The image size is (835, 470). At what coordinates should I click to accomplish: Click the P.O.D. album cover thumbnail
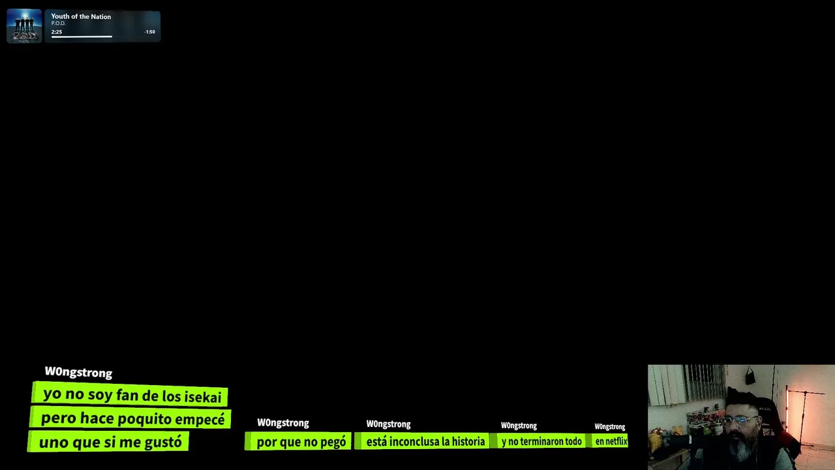click(24, 25)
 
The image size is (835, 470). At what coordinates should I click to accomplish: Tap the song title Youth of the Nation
click(81, 16)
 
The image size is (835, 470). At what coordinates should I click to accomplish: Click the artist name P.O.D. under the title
click(59, 23)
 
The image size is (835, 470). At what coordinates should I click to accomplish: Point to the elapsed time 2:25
click(57, 32)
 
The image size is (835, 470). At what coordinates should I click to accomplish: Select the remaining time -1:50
click(149, 32)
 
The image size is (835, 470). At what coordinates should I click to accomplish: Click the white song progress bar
click(82, 37)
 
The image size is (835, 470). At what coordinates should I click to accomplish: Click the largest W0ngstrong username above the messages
click(78, 372)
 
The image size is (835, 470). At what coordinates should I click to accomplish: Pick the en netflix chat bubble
click(609, 441)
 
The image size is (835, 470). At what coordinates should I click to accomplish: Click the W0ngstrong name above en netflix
click(609, 427)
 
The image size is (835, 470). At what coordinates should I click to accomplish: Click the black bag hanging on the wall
click(750, 377)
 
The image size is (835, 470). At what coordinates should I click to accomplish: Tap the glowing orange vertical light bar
click(787, 409)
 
